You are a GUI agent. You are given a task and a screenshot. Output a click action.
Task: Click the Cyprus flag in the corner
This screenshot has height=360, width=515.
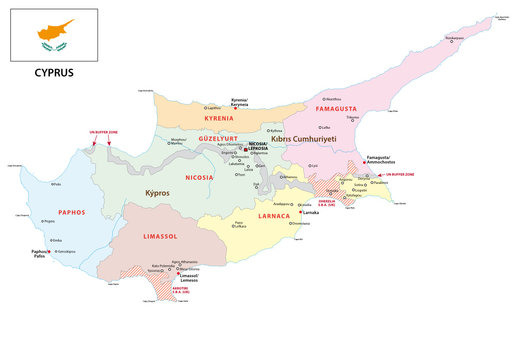54,35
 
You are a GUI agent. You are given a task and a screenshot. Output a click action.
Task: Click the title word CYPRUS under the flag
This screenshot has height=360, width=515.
54,73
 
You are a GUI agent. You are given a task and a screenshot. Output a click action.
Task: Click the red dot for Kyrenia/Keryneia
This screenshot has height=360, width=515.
236,107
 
